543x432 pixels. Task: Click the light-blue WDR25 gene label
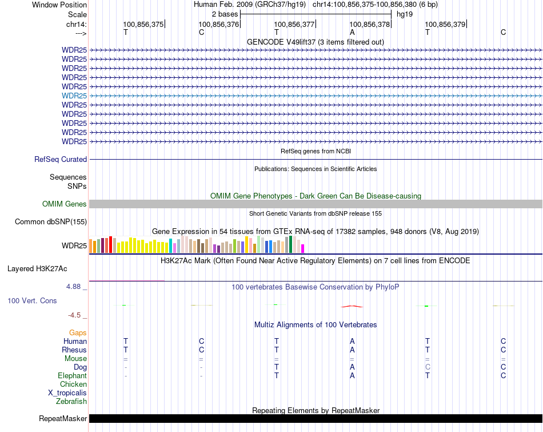coord(74,96)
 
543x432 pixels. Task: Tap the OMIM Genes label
coord(65,204)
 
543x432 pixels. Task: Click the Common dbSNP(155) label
coord(51,222)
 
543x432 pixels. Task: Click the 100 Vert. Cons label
coord(32,300)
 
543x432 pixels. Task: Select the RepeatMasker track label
coord(63,419)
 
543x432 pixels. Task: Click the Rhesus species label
coord(74,350)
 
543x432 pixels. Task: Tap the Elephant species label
coord(72,376)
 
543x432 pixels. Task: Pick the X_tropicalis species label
coord(67,393)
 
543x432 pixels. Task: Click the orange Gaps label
coord(78,333)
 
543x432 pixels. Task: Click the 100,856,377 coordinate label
coord(294,24)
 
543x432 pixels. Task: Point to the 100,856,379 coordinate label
coord(445,24)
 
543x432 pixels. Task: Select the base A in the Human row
coord(352,342)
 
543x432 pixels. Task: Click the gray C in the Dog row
coord(427,367)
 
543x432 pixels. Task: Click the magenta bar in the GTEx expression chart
coord(303,248)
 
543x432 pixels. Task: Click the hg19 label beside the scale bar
coord(405,14)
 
